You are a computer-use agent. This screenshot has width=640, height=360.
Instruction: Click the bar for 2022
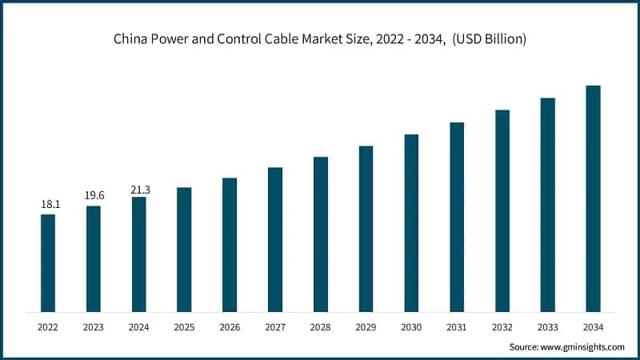(x=48, y=263)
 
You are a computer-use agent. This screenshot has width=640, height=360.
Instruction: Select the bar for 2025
(x=184, y=250)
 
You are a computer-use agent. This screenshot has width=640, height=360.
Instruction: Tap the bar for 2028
(x=321, y=234)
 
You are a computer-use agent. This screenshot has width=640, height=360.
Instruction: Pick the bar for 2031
(x=457, y=217)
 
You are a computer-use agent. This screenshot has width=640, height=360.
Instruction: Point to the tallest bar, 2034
(x=593, y=198)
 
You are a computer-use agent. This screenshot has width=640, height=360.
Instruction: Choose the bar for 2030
(x=411, y=223)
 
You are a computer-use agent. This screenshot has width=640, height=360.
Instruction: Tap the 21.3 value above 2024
(x=140, y=189)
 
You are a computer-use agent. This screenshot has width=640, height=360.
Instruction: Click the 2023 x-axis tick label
(x=94, y=327)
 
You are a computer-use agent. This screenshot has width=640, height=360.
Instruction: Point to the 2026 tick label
(x=230, y=327)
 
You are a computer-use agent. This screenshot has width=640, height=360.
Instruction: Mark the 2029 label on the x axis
(x=366, y=327)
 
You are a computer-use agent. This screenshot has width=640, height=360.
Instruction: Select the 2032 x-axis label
(x=502, y=327)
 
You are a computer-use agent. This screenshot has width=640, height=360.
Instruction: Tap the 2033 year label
(x=547, y=327)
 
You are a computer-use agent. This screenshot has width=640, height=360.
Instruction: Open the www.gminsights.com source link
(x=585, y=347)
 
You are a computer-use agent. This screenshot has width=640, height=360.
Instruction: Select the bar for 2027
(x=275, y=240)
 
